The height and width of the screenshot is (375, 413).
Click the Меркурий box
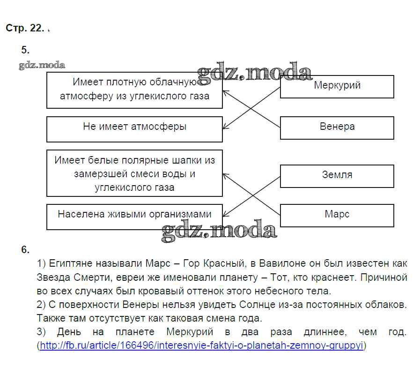click(337, 86)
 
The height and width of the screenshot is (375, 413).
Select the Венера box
click(337, 127)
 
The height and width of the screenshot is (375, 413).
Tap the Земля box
click(337, 175)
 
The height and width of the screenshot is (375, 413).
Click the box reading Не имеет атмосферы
click(134, 129)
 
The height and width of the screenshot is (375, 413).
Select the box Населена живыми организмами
click(134, 216)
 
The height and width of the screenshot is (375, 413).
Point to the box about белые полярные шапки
click(134, 173)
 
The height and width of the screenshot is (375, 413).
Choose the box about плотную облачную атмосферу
click(134, 90)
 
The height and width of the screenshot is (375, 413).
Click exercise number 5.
click(25, 50)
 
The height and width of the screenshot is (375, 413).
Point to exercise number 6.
click(25, 249)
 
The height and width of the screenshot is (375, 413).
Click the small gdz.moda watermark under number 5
click(42, 65)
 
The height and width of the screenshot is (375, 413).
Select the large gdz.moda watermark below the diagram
click(219, 231)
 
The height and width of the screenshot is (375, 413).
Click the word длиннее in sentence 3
click(326, 332)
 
